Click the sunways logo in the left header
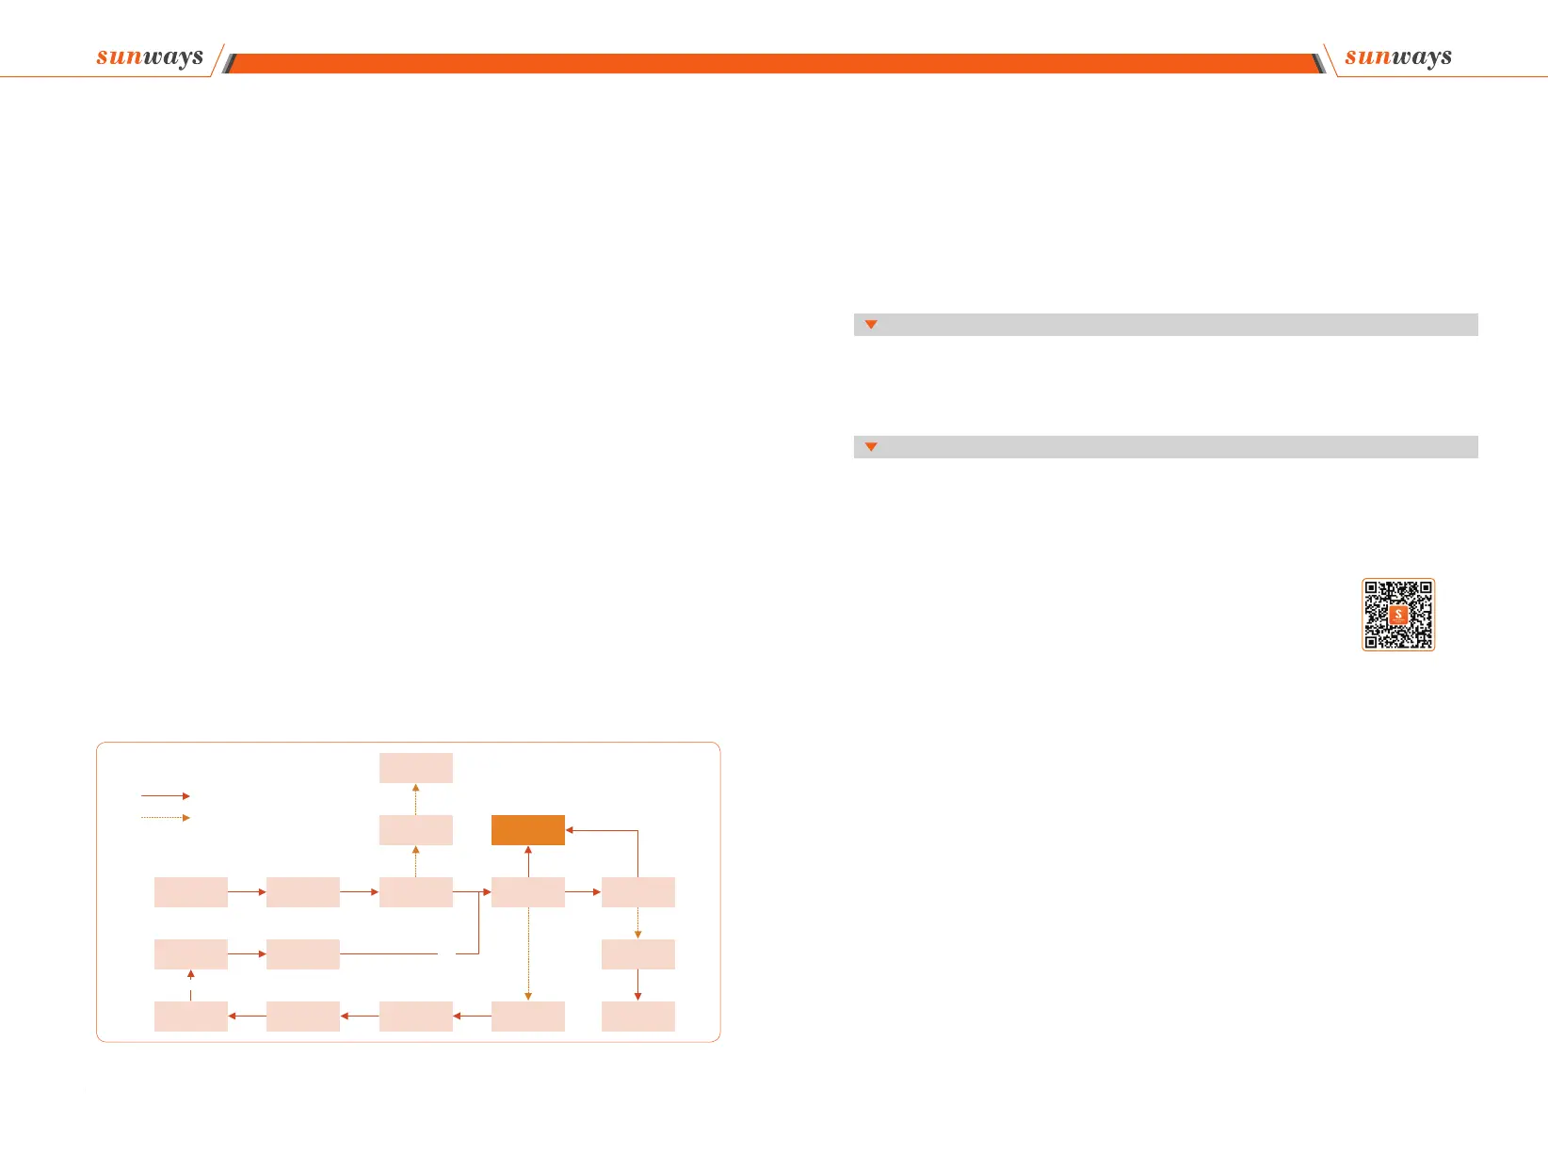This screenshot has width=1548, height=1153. pos(150,56)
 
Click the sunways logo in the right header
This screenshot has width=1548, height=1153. pos(1398,56)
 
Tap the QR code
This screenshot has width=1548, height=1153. pos(1398,615)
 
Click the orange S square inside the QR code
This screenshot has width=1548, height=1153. pos(1398,615)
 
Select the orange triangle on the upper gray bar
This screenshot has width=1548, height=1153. pos(871,325)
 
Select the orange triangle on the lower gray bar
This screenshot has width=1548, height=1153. pos(871,447)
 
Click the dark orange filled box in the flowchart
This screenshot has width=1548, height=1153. pos(528,830)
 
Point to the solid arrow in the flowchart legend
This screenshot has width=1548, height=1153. pos(165,796)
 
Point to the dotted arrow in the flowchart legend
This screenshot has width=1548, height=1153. pos(165,818)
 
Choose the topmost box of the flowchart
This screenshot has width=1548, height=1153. pos(416,768)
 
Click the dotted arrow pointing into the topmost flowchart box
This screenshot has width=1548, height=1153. pos(416,799)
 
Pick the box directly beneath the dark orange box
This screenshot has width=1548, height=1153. pos(528,892)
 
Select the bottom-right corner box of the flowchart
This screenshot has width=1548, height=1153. pos(638,1017)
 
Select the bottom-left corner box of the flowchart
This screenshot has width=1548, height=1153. pos(191,1017)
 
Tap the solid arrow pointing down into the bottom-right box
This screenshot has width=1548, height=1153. pos(638,985)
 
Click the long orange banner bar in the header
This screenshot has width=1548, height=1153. pos(772,63)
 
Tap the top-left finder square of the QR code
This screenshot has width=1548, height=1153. pos(1372,588)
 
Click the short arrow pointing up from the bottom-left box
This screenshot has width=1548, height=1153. pos(191,985)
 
